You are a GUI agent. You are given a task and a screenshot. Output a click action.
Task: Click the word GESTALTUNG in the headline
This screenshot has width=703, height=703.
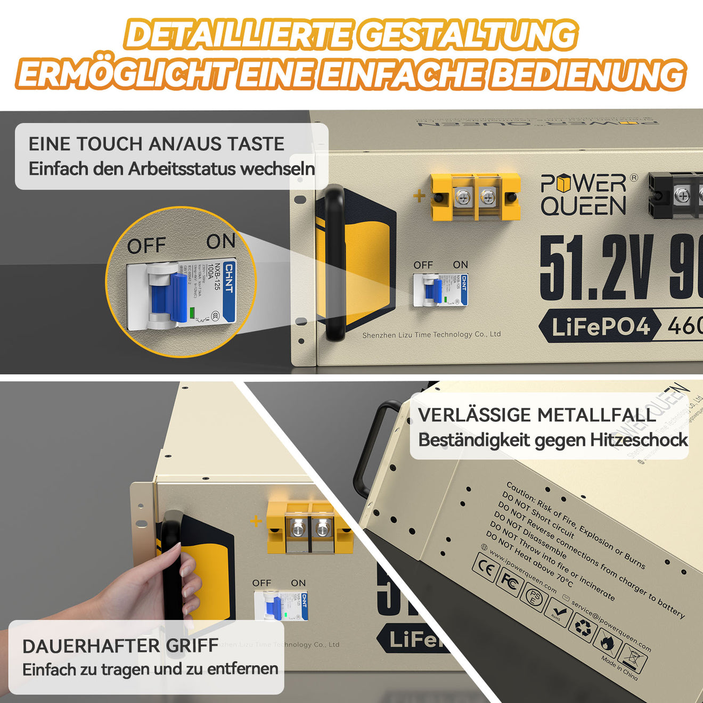tap(467, 35)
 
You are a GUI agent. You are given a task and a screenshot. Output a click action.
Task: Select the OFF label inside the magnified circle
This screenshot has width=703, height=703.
tap(146, 246)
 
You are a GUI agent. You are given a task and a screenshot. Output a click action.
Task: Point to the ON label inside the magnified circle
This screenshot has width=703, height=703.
tap(220, 241)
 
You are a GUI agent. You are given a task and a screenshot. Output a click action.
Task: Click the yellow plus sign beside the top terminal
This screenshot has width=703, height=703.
tap(419, 196)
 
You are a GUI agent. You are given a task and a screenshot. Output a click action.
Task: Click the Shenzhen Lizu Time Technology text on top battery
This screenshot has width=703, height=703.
tap(431, 334)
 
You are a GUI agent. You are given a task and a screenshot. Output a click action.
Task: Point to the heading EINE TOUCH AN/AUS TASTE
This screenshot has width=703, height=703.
tap(157, 144)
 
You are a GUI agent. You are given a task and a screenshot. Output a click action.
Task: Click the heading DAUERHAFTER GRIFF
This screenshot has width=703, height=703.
tap(120, 646)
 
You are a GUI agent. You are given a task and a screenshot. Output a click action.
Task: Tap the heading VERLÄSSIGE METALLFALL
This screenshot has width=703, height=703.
tap(537, 415)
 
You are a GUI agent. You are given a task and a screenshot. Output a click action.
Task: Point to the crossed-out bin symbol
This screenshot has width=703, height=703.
tap(633, 659)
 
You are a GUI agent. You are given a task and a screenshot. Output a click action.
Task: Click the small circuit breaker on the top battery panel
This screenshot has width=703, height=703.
tap(440, 290)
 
